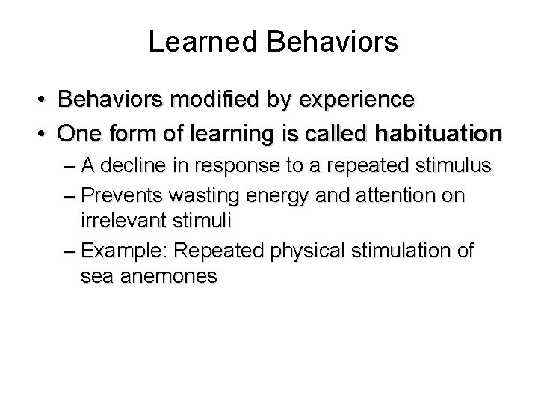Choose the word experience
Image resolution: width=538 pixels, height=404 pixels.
click(x=347, y=100)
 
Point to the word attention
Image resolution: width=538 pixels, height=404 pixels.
click(x=396, y=196)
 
